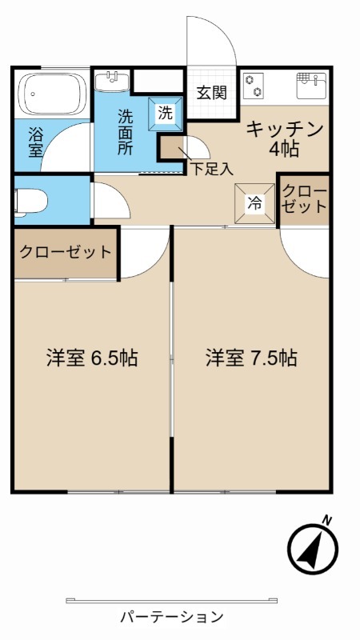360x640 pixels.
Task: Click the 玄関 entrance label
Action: [x=212, y=92]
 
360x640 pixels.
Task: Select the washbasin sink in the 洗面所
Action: [x=112, y=80]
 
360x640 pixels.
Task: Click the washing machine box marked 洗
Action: [x=165, y=113]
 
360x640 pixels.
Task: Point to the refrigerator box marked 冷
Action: [x=253, y=203]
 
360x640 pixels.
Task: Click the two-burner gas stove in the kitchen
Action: [x=254, y=85]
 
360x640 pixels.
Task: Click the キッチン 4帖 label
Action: [x=284, y=138]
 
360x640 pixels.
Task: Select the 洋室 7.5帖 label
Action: [x=251, y=358]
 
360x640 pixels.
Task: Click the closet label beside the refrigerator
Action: [x=305, y=198]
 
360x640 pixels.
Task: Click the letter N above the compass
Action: [x=326, y=520]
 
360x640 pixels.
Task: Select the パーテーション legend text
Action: [x=172, y=617]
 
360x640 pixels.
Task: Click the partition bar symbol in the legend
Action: [x=172, y=600]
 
